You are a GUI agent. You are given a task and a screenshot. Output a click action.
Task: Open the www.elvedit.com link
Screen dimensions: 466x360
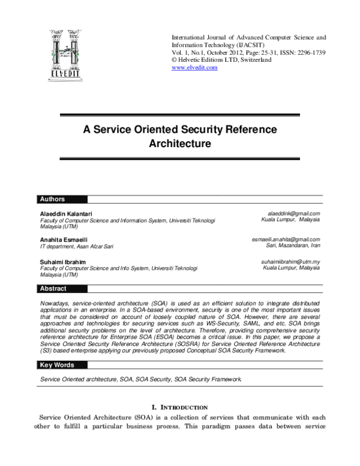pos(194,68)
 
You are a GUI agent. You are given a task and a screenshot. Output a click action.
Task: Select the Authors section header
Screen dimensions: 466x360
pos(52,199)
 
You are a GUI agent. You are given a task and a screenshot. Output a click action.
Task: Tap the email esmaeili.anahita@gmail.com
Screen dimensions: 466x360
pos(286,239)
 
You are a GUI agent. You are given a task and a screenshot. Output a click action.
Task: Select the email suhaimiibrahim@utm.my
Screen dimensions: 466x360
pos(290,262)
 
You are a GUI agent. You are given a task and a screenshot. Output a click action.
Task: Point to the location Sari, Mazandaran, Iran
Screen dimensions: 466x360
pos(293,246)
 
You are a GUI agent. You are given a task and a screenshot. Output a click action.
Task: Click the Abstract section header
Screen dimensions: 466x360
pos(53,289)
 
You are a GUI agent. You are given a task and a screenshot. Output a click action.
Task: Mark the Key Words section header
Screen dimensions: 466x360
pos(56,365)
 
